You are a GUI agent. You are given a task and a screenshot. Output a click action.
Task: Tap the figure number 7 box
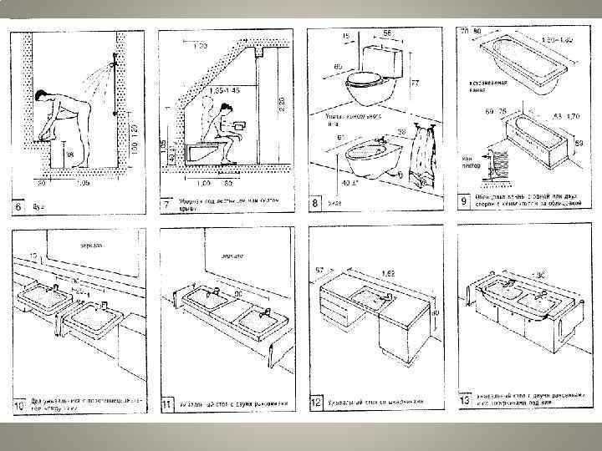point(167,205)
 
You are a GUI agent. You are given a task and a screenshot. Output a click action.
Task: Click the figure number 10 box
point(18,407)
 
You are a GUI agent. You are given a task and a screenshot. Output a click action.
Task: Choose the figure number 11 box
point(167,407)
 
